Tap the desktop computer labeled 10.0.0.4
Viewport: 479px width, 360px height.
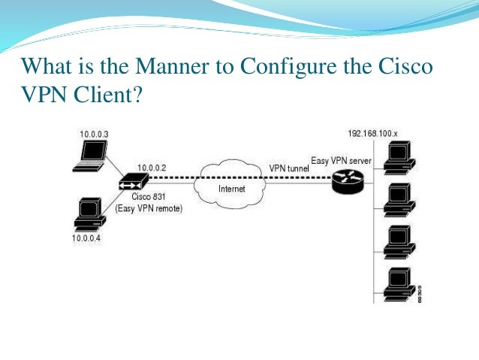(89, 212)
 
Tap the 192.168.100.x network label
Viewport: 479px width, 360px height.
(372, 133)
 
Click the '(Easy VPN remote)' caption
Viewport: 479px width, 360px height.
(148, 207)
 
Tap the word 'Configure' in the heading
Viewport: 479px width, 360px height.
(285, 66)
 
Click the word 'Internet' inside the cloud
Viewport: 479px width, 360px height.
(231, 189)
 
